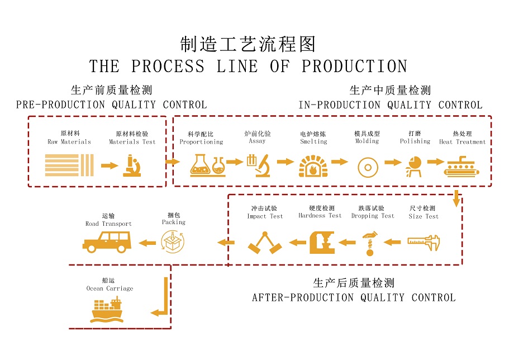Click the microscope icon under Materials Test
click(x=132, y=166)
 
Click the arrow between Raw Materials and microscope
click(x=110, y=166)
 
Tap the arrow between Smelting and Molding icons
click(x=339, y=162)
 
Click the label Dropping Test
click(x=373, y=216)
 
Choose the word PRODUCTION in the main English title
click(x=354, y=67)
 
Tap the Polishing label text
click(x=415, y=141)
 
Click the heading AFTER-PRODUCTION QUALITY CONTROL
click(x=353, y=298)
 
